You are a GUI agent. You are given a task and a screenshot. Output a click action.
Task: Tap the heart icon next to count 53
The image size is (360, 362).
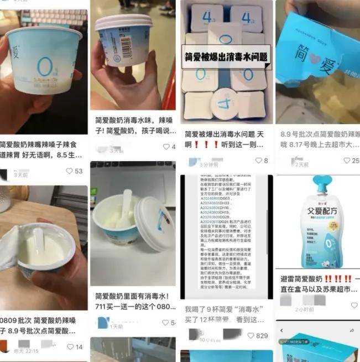point(69,171)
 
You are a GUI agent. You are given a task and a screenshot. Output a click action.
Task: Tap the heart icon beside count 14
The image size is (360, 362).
point(70,347)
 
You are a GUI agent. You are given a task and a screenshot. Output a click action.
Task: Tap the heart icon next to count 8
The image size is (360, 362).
point(258,161)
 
